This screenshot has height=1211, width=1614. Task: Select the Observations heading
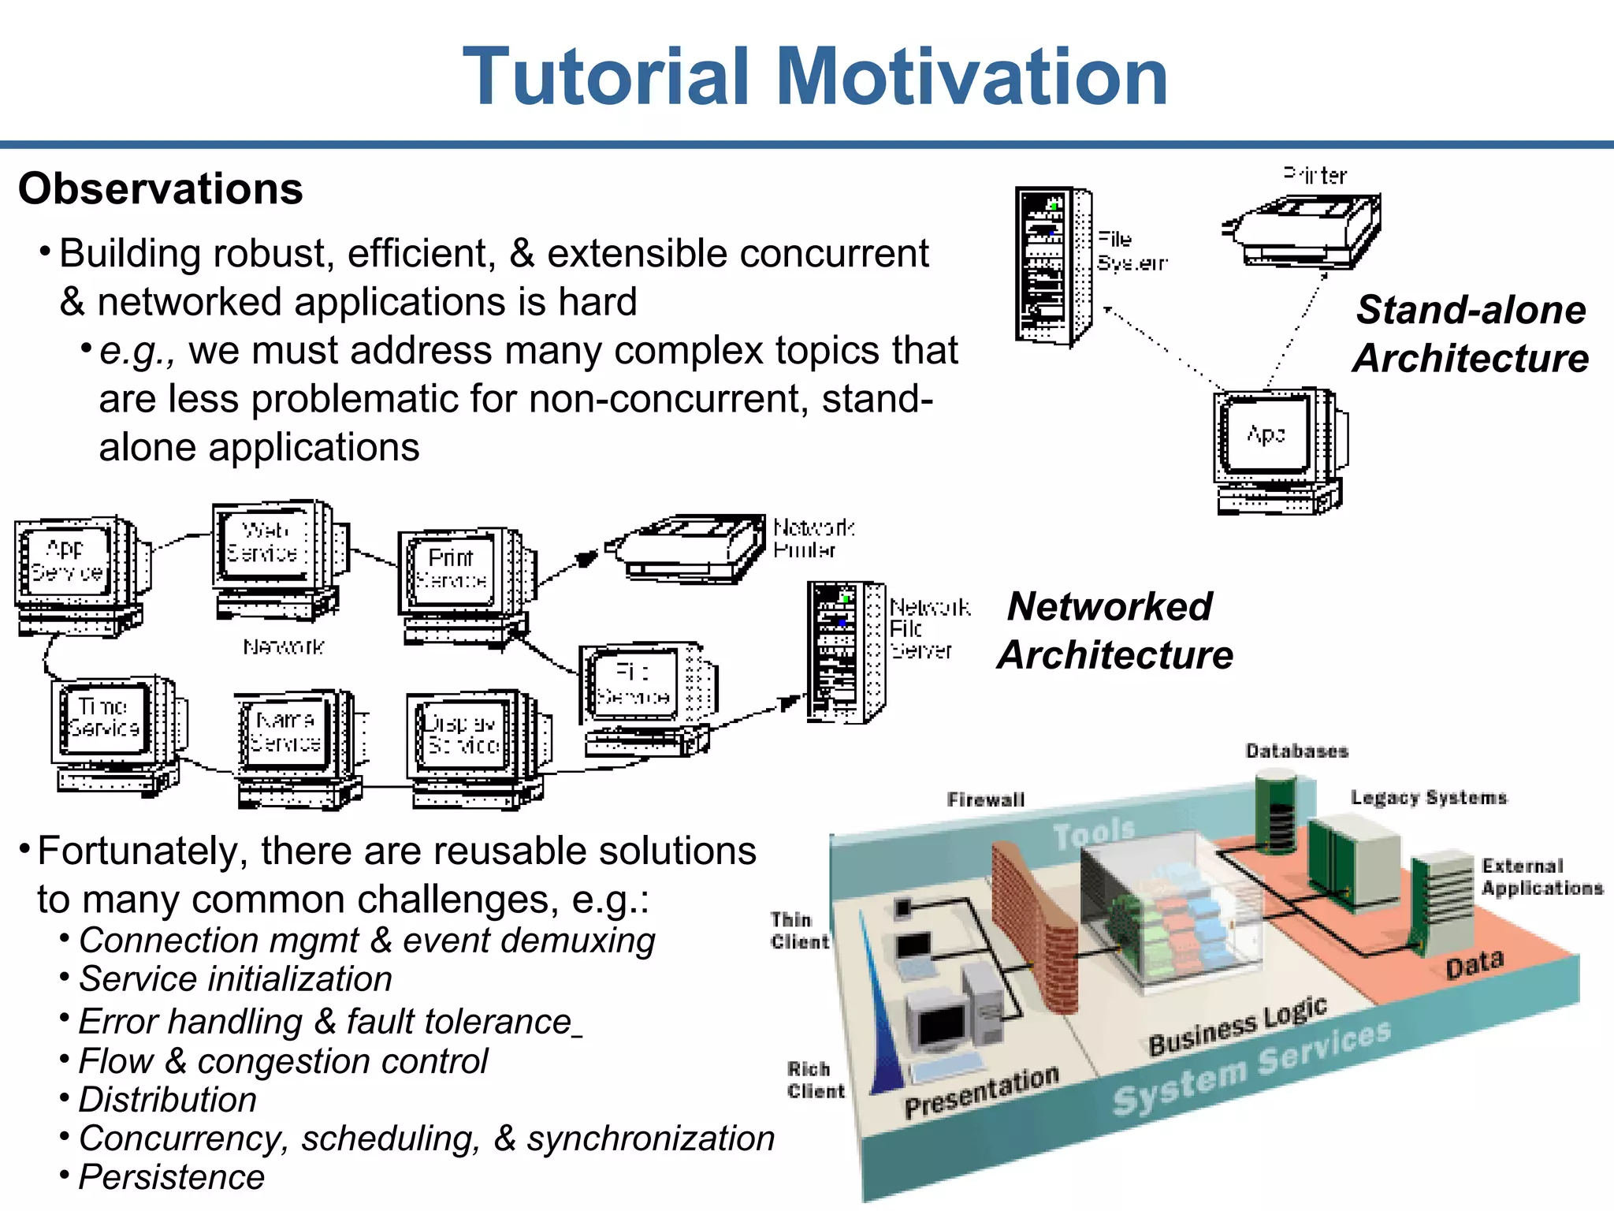[x=161, y=189]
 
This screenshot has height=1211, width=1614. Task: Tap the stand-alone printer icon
[x=1303, y=229]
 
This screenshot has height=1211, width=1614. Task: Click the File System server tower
[x=1053, y=266]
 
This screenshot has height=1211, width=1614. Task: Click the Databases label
[x=1296, y=751]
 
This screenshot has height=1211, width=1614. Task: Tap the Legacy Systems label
[x=1428, y=797]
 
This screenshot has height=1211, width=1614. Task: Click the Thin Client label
[x=799, y=930]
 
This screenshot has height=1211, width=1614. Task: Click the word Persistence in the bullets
[x=172, y=1177]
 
